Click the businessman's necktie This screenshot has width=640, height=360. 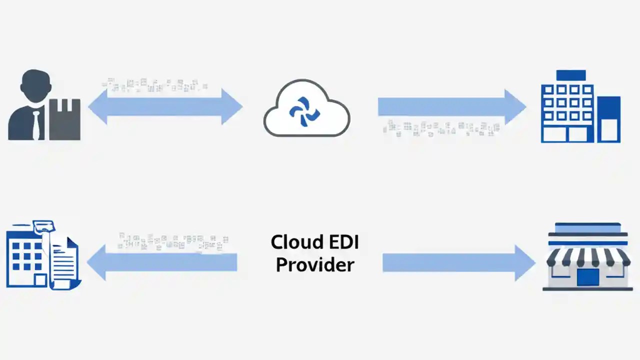click(36, 125)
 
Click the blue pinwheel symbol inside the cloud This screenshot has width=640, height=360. click(304, 107)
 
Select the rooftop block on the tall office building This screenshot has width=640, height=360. click(570, 75)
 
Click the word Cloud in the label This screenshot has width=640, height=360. click(294, 242)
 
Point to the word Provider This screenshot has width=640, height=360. click(315, 264)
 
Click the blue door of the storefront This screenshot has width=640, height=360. click(587, 277)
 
